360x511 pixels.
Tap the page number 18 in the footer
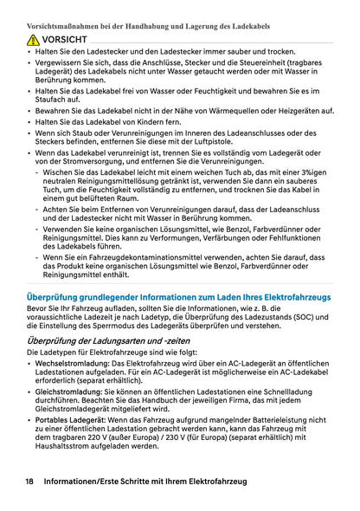29,481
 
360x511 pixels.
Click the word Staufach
50,100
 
